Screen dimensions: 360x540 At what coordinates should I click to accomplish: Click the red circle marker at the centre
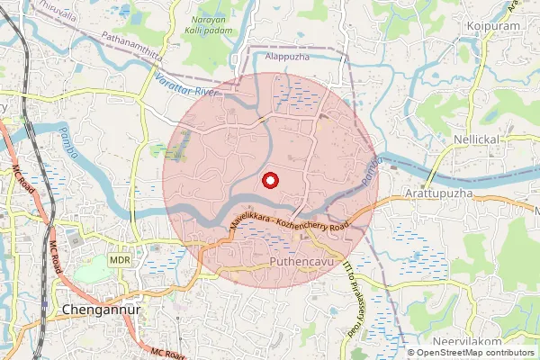pos(268,181)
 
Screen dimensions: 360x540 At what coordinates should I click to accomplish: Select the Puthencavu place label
pos(303,262)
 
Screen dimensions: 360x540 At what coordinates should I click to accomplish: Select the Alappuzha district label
pos(288,55)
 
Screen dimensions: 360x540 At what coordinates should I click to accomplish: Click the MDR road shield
pos(120,259)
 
